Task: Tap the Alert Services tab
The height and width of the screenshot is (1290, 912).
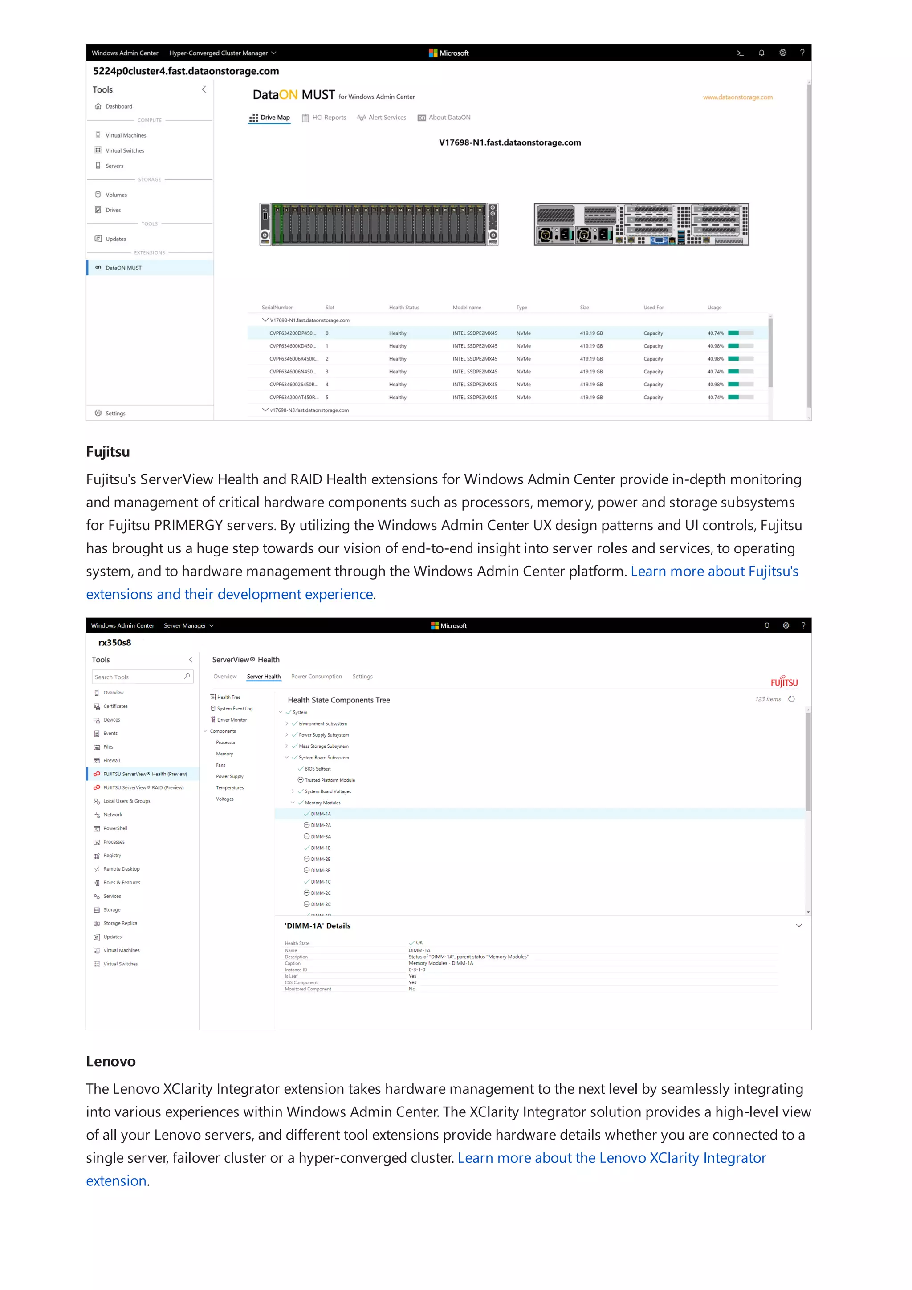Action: pyautogui.click(x=382, y=118)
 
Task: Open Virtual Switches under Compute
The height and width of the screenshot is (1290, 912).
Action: pyautogui.click(x=124, y=150)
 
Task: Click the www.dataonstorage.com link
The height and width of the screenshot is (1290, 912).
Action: pyautogui.click(x=737, y=97)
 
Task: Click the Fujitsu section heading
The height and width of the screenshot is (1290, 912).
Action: pyautogui.click(x=108, y=452)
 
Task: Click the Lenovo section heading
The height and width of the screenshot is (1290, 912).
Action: pyautogui.click(x=111, y=1061)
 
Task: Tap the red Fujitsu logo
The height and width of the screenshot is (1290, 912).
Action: pyautogui.click(x=783, y=682)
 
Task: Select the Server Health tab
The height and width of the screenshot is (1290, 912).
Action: pyautogui.click(x=264, y=677)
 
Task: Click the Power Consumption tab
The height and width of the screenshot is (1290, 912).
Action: pyautogui.click(x=316, y=677)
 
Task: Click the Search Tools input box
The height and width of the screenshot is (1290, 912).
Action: pyautogui.click(x=138, y=677)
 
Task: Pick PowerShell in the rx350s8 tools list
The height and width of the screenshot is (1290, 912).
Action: pyautogui.click(x=115, y=828)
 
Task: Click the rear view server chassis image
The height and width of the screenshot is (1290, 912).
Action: pyautogui.click(x=641, y=225)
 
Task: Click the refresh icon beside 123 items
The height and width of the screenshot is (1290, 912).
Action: pyautogui.click(x=791, y=699)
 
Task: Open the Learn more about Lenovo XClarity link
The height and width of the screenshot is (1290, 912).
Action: pyautogui.click(x=611, y=1158)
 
